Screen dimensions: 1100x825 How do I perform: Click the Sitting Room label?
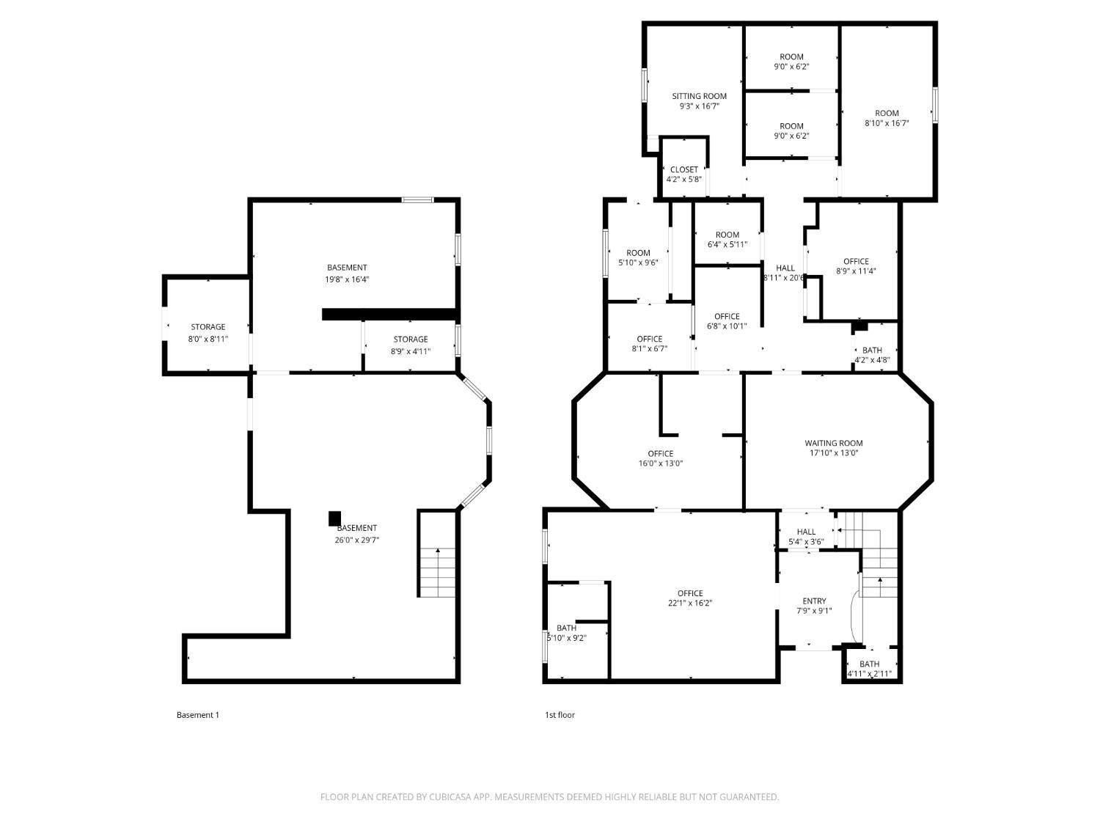(x=699, y=96)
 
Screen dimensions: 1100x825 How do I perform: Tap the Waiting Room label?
(x=834, y=443)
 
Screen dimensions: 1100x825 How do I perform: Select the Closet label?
(x=684, y=170)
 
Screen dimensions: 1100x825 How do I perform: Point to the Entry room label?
(x=814, y=601)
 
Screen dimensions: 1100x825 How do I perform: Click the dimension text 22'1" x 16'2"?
(x=690, y=603)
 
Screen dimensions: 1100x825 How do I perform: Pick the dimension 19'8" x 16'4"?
(x=347, y=279)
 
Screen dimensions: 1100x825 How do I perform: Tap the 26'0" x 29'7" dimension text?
(x=357, y=540)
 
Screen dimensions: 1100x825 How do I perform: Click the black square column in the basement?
(x=334, y=518)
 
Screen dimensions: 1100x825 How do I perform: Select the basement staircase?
(x=438, y=572)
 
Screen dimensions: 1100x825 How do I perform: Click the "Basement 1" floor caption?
(x=198, y=715)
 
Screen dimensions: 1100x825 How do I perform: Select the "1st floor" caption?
(x=560, y=715)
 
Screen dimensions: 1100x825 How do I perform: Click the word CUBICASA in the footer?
(x=450, y=796)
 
